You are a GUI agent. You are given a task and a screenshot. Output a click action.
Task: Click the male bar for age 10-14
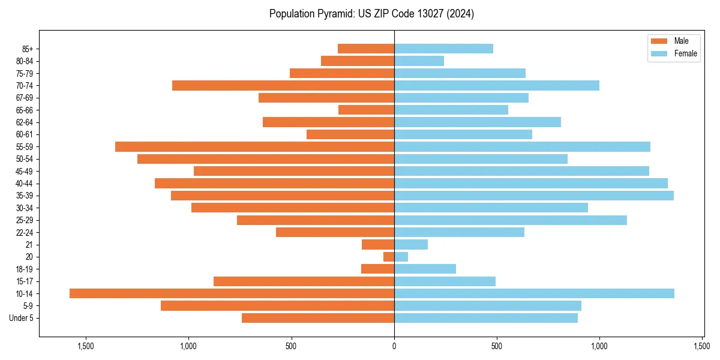coord(232,293)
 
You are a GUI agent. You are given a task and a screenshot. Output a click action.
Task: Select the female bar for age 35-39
coord(533,196)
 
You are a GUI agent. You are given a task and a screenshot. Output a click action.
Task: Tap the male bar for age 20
coord(389,257)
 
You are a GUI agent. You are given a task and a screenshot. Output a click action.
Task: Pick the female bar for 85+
coord(443,49)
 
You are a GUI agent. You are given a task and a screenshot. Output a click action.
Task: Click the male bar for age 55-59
coord(254,146)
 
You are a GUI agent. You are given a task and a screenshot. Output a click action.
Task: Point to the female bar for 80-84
coord(419,61)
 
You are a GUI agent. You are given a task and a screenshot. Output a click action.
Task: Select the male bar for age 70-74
coord(283,85)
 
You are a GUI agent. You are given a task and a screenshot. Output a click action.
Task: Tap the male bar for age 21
coord(378,245)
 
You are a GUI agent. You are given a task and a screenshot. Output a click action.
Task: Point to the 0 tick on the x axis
coord(394,346)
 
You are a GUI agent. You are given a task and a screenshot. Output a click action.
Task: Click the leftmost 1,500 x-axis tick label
coord(86,346)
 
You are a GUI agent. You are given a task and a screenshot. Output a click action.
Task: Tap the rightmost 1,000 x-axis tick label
coord(599,346)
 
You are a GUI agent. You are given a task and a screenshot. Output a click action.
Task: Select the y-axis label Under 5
coord(22,318)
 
